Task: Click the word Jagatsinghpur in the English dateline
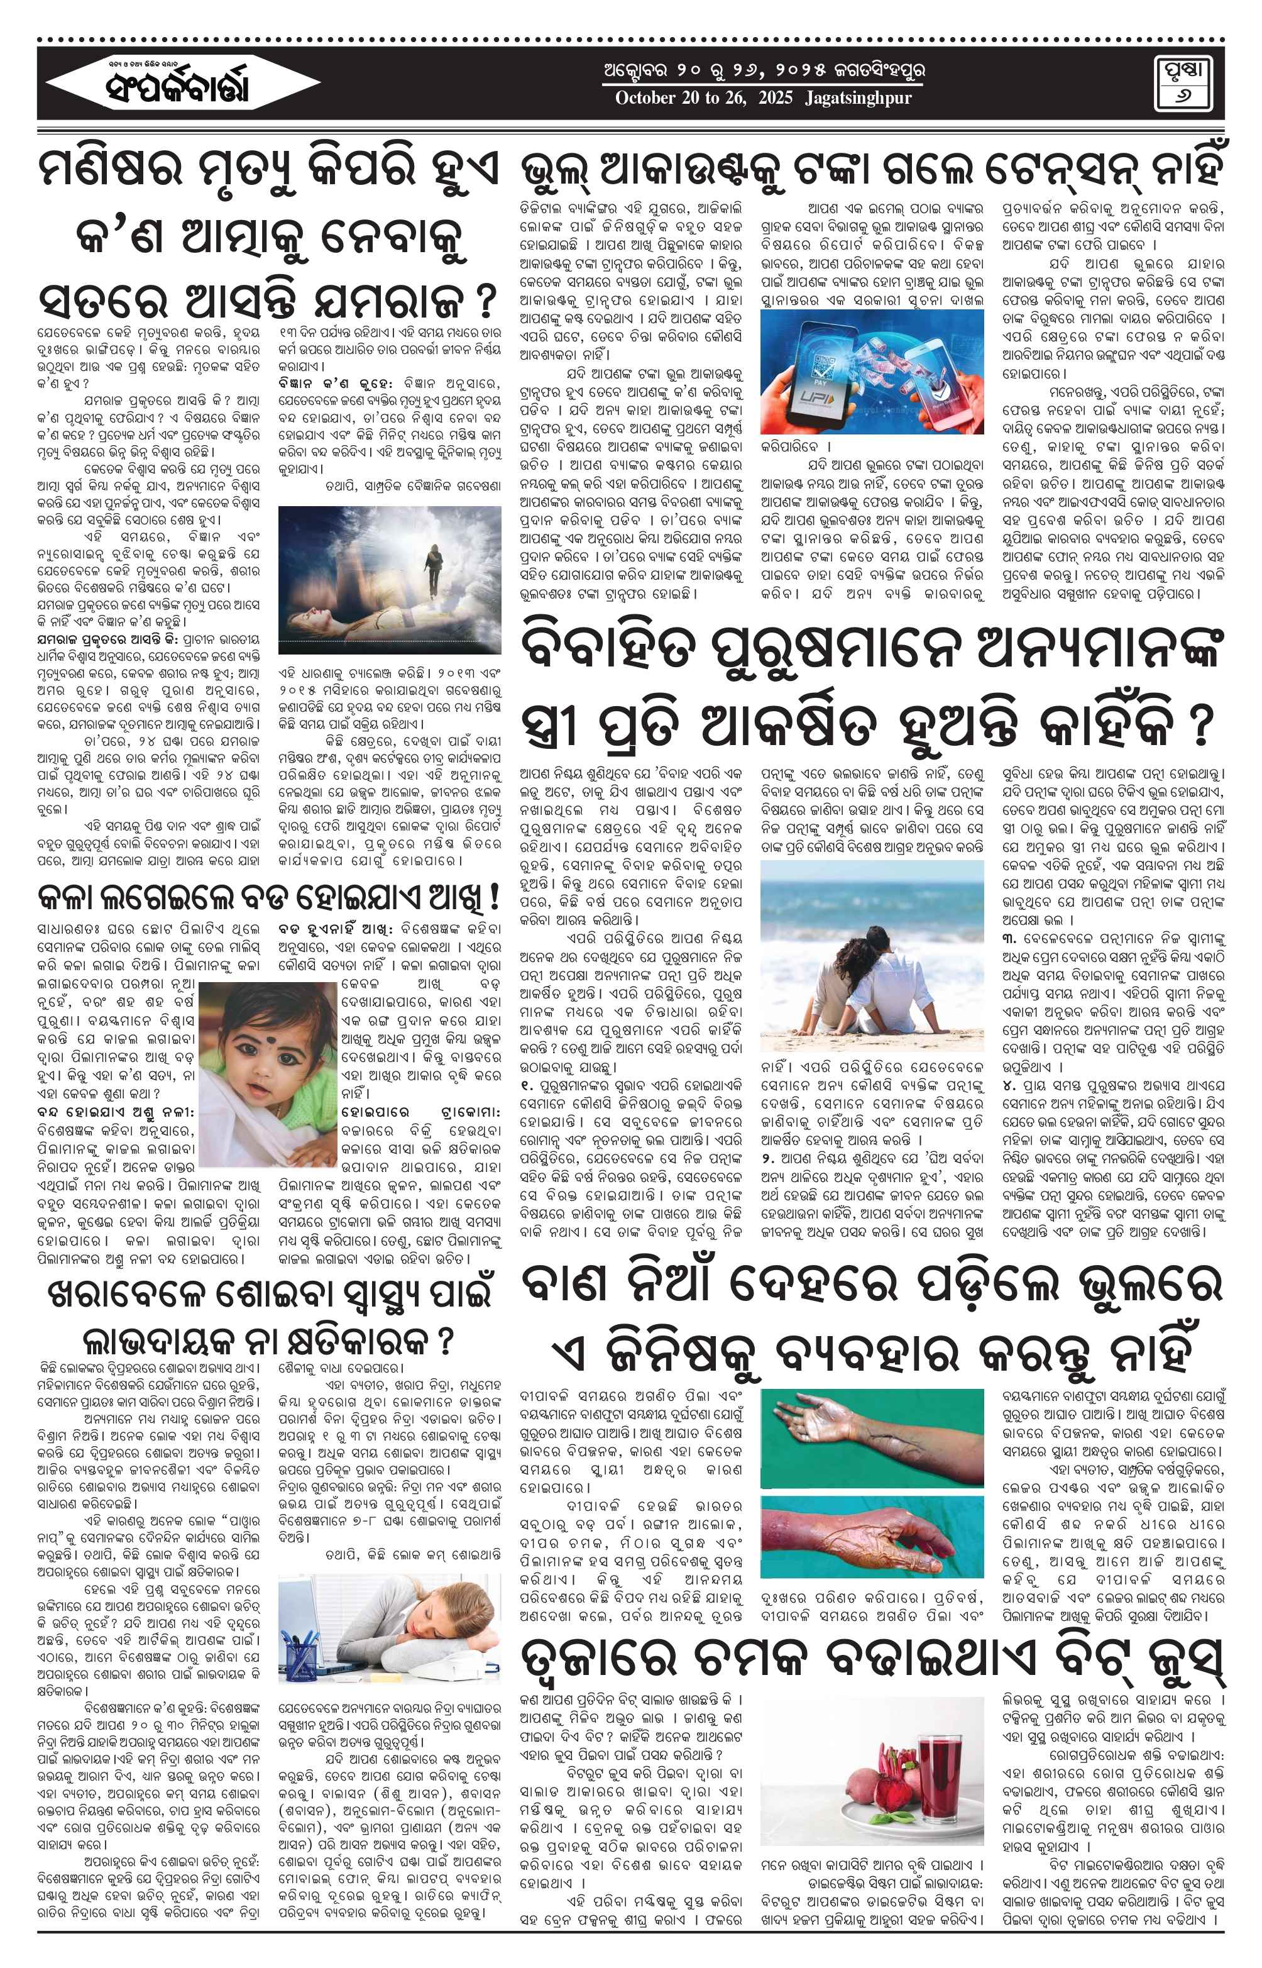click(858, 98)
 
